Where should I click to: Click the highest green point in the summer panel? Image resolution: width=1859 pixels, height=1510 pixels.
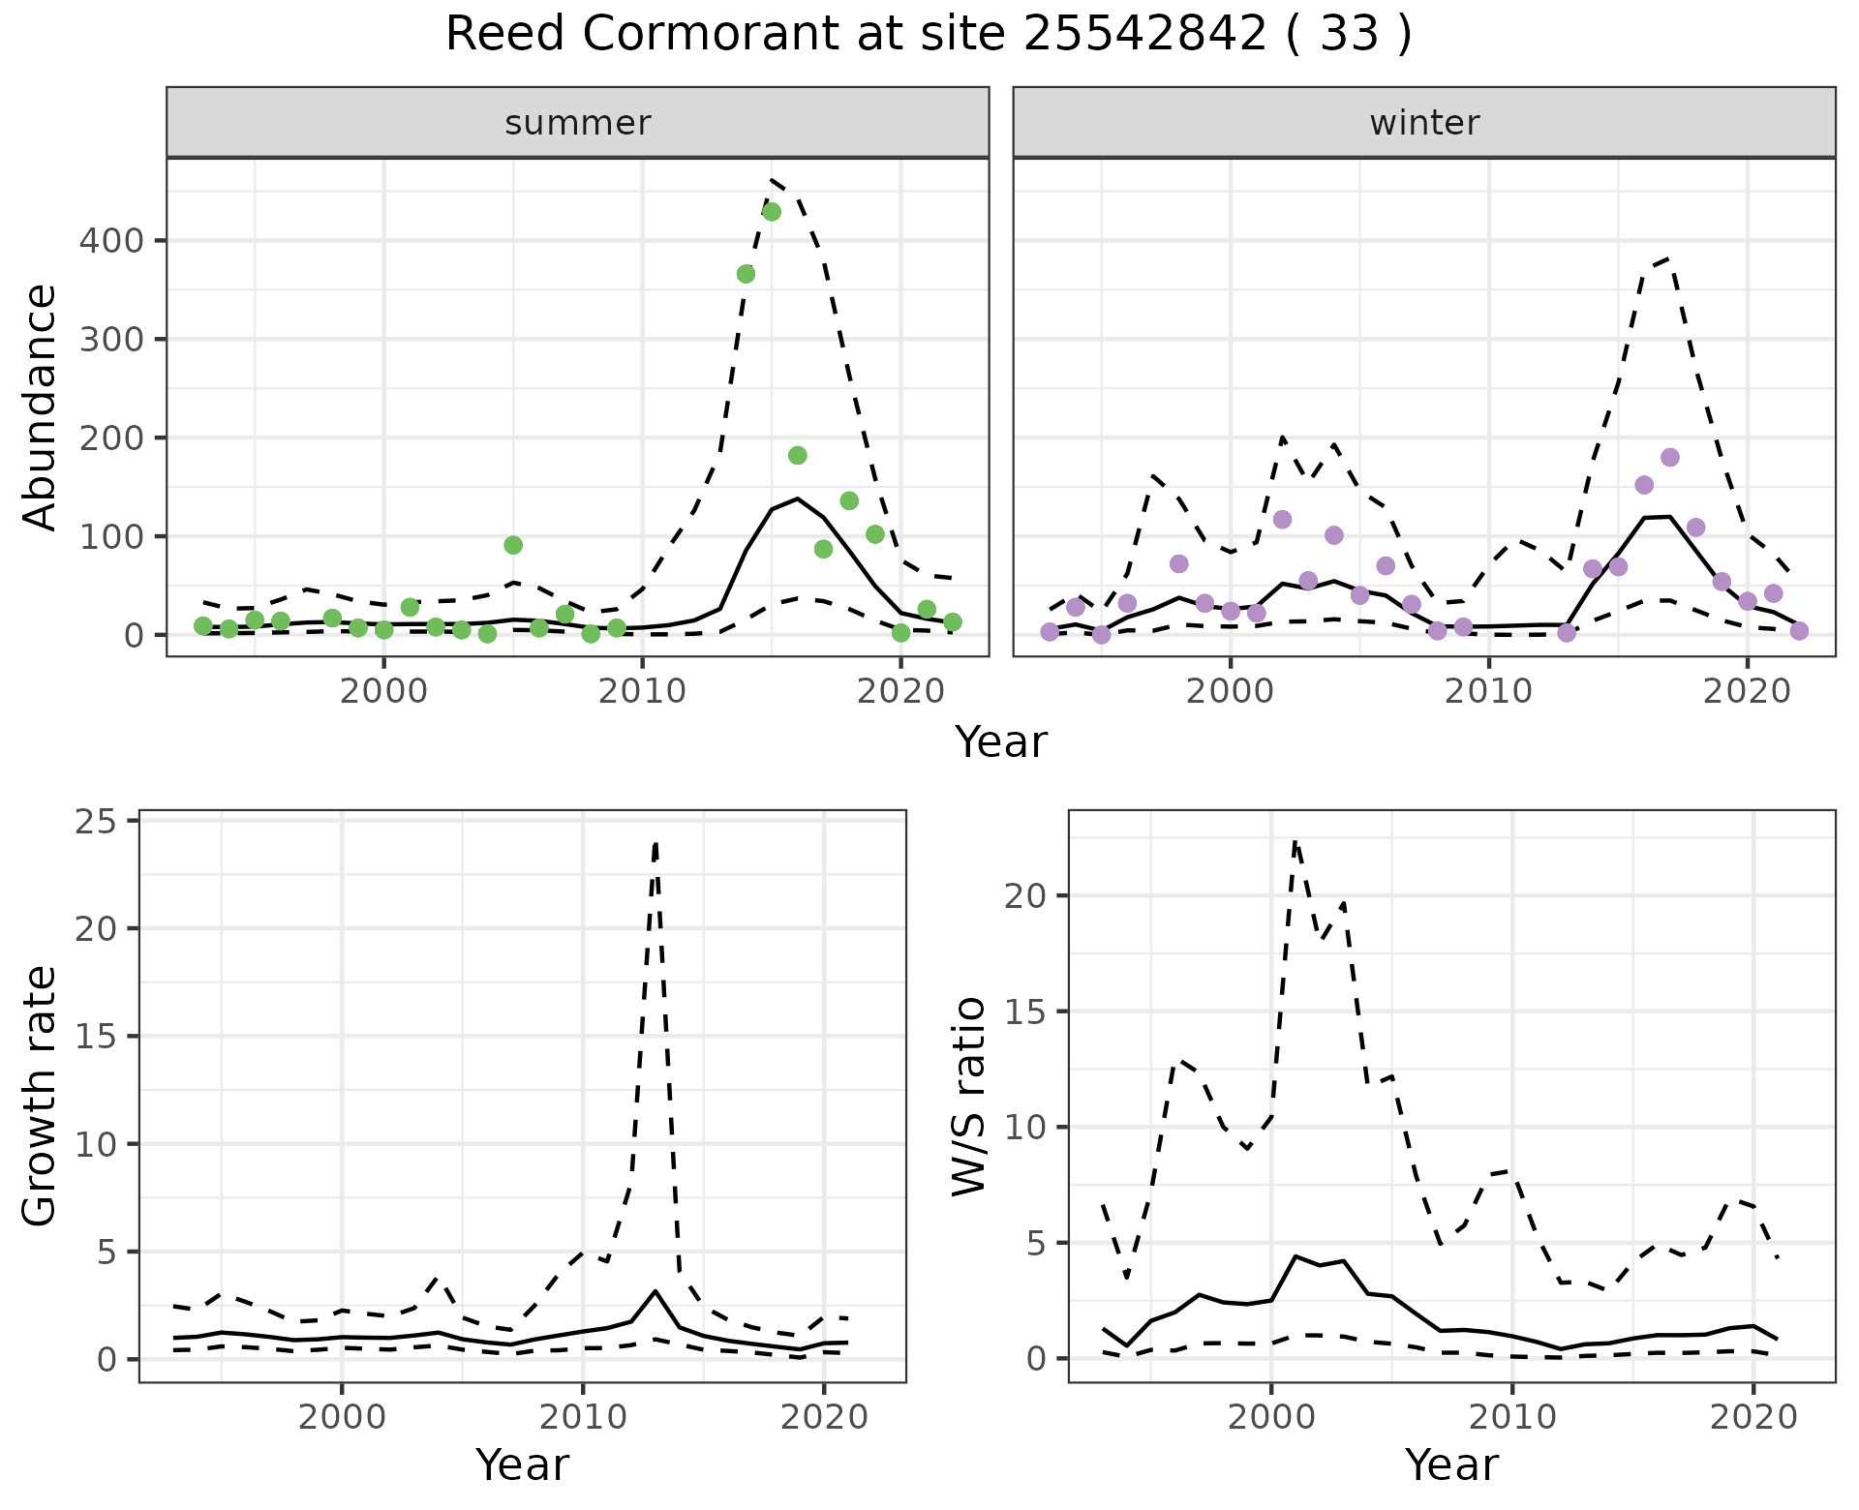pos(772,212)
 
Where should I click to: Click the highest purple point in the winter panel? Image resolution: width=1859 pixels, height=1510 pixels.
pos(1670,457)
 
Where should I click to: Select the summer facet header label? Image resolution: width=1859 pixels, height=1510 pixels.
pos(578,123)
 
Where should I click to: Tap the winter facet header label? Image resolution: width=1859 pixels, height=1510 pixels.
pos(1424,123)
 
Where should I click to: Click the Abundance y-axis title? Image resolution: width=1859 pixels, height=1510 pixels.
pos(41,407)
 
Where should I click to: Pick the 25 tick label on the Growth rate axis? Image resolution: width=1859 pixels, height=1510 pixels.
pos(95,822)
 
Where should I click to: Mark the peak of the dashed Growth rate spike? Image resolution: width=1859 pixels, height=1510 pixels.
pos(655,843)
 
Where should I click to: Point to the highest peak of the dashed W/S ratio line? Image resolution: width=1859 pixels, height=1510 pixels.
pos(1295,841)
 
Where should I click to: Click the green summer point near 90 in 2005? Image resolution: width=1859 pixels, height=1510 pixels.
pos(513,545)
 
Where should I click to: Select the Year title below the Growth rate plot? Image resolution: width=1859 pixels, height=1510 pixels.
pos(522,1465)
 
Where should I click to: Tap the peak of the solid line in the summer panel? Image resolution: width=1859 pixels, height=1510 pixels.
pos(797,498)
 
